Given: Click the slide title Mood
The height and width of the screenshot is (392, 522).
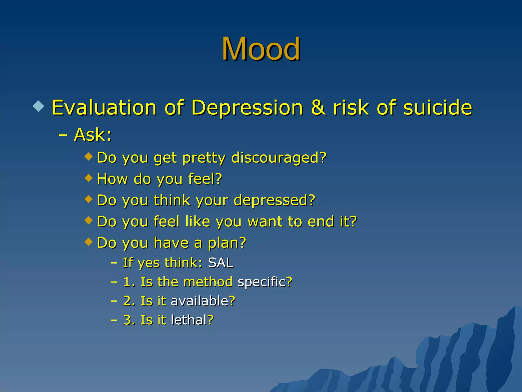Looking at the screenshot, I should [x=261, y=49].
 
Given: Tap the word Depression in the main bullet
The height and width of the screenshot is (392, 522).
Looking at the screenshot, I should [x=247, y=108].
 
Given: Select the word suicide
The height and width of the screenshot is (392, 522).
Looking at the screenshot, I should [x=438, y=108].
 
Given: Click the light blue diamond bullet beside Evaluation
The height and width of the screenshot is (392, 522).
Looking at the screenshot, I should [x=38, y=106].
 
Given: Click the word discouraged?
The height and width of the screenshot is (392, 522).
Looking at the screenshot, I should [x=279, y=158].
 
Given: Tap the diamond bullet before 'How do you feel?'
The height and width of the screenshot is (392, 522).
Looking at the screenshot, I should [x=88, y=178].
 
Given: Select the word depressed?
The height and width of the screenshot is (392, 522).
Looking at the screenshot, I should [x=274, y=200].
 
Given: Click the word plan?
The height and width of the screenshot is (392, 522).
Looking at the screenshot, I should [x=227, y=243].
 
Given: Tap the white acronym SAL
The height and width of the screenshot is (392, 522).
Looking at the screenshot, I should [x=220, y=263].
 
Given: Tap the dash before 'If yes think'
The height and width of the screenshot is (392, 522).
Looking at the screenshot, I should [x=114, y=263].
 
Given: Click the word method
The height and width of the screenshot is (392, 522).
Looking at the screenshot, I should [x=208, y=282].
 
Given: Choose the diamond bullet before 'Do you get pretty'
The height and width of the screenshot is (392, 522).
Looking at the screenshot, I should [x=88, y=156].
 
